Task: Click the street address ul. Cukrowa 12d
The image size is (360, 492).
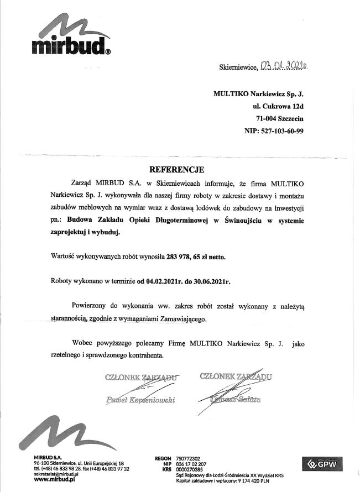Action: tap(276, 106)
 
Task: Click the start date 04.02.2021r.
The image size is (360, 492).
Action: tap(164, 281)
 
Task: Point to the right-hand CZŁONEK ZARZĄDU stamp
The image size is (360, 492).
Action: tap(237, 377)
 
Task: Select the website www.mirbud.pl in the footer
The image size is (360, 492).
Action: tap(54, 480)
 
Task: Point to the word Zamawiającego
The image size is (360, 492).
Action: tap(175, 319)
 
